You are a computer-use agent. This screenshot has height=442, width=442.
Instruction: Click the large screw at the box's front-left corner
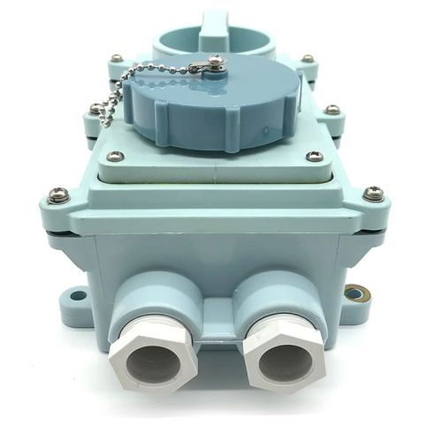click(57, 194)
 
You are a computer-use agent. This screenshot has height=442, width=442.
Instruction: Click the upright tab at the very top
click(212, 18)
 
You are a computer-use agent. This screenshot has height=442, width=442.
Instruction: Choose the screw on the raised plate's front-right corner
click(311, 156)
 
